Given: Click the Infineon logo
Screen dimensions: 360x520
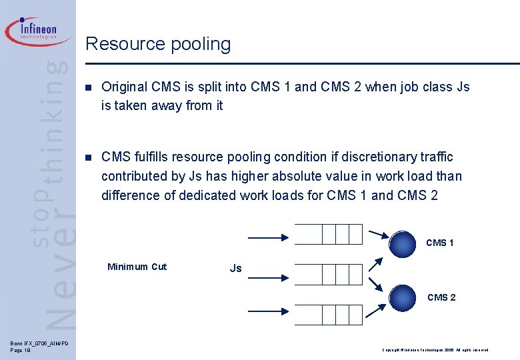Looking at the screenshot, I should pos(38,31).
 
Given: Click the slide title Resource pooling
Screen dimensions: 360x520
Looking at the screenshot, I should pos(158,44).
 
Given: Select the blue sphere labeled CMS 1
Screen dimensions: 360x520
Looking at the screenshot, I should pos(403,244).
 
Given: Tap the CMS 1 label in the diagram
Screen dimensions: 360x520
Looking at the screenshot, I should pos(440,243).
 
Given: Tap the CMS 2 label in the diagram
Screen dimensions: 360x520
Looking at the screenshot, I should pos(441,297).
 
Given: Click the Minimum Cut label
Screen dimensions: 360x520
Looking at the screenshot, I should pos(137,267).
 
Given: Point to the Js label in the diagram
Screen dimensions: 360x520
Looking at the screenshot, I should pos(235,268).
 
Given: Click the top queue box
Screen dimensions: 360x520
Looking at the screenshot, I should pos(328,234).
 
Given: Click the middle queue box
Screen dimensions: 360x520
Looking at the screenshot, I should pos(328,274).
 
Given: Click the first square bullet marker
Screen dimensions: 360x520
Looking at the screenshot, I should pos(89,87).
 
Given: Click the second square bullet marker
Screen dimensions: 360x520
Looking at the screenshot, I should pos(89,157).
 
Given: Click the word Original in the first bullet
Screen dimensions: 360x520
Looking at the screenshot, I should pos(125,87).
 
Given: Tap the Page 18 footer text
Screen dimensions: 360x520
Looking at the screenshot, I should pos(21,350).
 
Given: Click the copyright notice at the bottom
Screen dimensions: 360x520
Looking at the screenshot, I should pos(435,350).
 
